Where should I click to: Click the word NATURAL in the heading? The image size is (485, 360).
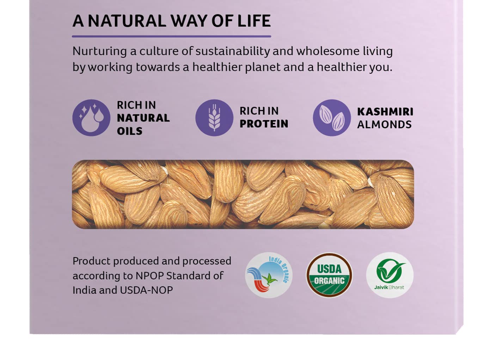[x=127, y=21]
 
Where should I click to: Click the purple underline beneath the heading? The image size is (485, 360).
[x=171, y=37]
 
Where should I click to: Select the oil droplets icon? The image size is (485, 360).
[x=91, y=118]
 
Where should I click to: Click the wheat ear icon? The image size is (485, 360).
[x=214, y=118]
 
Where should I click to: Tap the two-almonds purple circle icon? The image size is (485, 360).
[x=332, y=118]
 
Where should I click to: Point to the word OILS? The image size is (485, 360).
[x=130, y=131]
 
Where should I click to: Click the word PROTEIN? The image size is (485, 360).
[x=264, y=124]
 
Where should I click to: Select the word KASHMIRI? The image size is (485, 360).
[x=385, y=112]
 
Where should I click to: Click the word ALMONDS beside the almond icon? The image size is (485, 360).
[x=384, y=125]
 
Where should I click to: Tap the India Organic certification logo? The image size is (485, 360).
[x=269, y=275]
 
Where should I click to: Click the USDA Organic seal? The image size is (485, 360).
[x=329, y=275]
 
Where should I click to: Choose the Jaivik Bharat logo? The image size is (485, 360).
[x=390, y=275]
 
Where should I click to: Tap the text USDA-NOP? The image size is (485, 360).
[x=146, y=290]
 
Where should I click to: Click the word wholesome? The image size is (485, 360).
[x=327, y=51]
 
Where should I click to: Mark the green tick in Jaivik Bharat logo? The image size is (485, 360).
[x=391, y=271]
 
